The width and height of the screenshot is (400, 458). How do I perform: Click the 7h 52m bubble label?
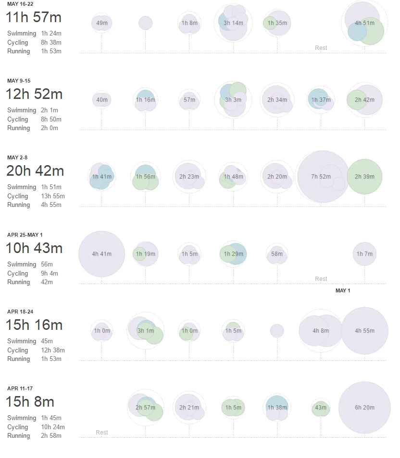click(321, 176)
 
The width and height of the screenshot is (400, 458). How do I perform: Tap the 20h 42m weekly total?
click(35, 171)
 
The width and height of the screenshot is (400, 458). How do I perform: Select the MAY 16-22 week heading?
click(20, 4)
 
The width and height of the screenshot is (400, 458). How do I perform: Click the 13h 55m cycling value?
click(53, 196)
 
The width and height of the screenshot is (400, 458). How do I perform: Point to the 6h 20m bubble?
click(364, 408)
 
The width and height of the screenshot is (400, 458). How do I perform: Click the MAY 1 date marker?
click(343, 290)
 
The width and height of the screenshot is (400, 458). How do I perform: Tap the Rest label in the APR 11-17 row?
click(102, 432)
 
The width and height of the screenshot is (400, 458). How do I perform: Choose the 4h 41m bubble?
click(101, 254)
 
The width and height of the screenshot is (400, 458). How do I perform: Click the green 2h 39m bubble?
click(364, 176)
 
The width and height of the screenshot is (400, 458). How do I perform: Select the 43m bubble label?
click(321, 408)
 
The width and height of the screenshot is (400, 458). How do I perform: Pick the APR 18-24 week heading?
click(20, 312)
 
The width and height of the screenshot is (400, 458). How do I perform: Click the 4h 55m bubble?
click(364, 331)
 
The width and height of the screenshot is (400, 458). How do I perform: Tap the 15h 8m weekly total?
click(30, 402)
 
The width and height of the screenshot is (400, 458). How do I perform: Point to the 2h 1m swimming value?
click(50, 110)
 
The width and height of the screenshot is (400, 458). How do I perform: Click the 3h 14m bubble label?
click(233, 23)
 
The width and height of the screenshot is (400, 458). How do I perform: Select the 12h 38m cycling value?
click(53, 350)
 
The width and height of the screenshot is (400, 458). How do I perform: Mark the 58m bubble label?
click(277, 254)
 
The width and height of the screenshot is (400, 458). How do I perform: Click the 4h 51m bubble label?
click(364, 23)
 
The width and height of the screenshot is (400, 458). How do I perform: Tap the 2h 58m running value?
click(51, 435)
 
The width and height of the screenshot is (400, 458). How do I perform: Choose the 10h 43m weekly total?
click(34, 248)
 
